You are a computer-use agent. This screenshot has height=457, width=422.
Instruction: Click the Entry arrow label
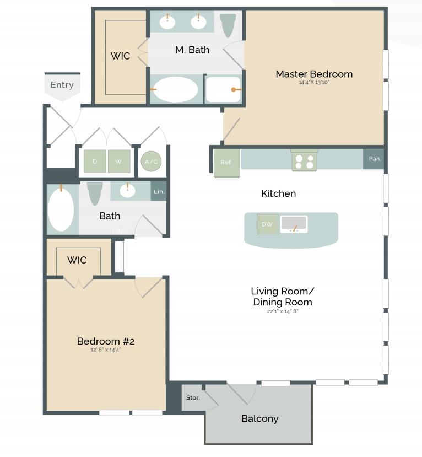[x=62, y=85]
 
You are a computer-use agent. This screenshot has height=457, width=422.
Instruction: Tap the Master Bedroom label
[x=314, y=74]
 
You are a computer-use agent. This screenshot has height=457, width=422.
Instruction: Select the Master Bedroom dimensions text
[x=314, y=82]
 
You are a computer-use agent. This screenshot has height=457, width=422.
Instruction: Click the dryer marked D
[x=94, y=162]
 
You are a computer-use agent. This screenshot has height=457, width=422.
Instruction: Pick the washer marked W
[x=118, y=162]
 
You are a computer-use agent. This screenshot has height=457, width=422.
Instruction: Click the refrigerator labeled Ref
[x=226, y=163]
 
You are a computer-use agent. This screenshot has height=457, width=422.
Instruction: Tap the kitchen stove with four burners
[x=304, y=160]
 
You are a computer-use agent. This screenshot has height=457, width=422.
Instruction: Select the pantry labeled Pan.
[x=375, y=159]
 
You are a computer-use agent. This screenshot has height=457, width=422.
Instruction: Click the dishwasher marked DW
[x=267, y=224]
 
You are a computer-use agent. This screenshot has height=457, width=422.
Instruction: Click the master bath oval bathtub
[x=175, y=89]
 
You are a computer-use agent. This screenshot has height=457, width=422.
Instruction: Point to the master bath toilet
[x=228, y=24]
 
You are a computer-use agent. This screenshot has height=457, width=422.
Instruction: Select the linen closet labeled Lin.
[x=158, y=191]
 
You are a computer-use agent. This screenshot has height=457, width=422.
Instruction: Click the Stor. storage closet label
[x=193, y=397]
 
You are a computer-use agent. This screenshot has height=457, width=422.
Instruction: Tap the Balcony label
[x=259, y=418]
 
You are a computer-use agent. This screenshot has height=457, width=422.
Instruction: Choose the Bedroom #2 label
[x=106, y=341]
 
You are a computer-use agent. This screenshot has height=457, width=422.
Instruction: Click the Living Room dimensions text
[x=283, y=311]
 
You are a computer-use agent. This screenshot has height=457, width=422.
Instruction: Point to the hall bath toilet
[x=95, y=192]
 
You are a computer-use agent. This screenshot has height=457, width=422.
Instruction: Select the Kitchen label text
[x=278, y=193]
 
